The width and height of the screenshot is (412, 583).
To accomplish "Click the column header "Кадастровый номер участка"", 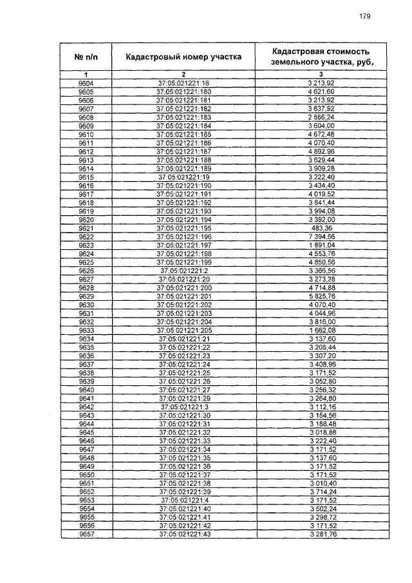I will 183,57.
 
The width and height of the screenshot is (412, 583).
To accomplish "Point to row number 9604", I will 86,84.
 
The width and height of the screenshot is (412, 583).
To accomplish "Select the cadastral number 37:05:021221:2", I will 183,271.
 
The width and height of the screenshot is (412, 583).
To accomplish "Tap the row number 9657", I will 86,534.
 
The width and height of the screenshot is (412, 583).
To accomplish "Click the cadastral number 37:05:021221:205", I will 183,330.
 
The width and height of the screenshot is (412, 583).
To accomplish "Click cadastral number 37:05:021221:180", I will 183,93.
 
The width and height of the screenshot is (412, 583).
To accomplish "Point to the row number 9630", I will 86,305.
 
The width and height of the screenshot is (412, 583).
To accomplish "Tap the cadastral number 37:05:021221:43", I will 183,534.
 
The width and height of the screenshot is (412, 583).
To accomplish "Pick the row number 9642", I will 86,406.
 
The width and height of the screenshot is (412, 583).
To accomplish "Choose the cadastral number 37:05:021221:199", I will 183,262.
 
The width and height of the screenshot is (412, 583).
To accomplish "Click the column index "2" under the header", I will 183,75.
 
